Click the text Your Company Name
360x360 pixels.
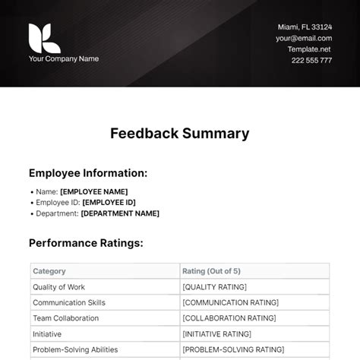click(x=64, y=58)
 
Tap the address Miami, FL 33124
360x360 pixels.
click(x=305, y=27)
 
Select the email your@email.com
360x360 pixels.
click(x=304, y=38)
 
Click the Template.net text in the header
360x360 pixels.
click(x=309, y=49)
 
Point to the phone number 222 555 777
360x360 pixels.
click(x=311, y=60)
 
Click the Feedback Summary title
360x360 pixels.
click(x=180, y=134)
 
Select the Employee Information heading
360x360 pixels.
click(x=88, y=173)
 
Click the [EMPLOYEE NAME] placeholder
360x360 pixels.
click(x=93, y=191)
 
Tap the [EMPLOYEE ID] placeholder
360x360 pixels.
click(x=109, y=202)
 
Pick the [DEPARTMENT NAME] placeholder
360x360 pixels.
click(x=119, y=213)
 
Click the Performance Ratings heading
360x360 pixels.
click(x=86, y=243)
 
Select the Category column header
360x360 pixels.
click(x=49, y=271)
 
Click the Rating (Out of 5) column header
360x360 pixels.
click(x=212, y=271)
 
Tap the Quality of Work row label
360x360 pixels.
click(x=58, y=287)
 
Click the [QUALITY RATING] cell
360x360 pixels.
click(x=215, y=287)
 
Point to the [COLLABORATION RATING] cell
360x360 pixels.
click(x=229, y=318)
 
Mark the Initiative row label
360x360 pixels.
click(x=47, y=333)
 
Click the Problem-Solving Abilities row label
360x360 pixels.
click(x=75, y=349)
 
